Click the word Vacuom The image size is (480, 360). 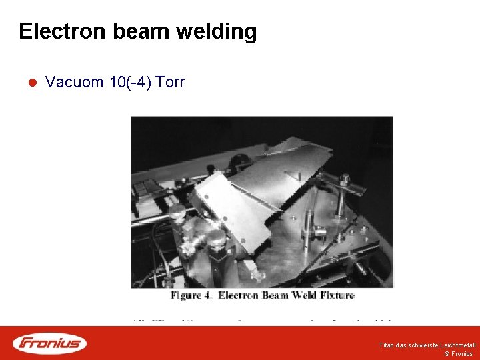[74, 83]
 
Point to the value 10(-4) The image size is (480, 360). [130, 83]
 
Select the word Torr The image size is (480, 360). [170, 83]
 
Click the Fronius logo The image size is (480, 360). [49, 343]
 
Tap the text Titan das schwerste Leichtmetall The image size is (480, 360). [427, 345]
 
